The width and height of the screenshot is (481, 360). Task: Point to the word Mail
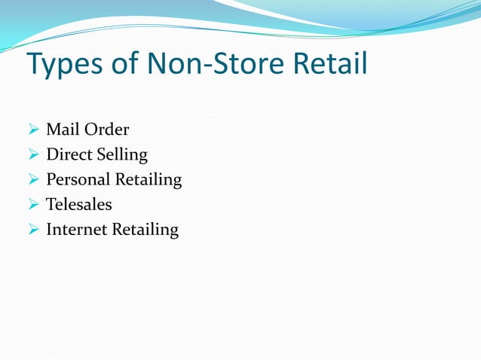click(63, 130)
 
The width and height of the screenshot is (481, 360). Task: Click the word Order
click(107, 130)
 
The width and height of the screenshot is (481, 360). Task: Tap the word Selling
click(122, 156)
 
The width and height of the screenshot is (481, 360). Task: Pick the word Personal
click(78, 179)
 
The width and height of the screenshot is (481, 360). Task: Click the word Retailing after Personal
click(149, 181)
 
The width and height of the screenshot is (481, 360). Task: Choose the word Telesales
click(78, 204)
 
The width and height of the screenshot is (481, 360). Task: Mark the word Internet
click(76, 229)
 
